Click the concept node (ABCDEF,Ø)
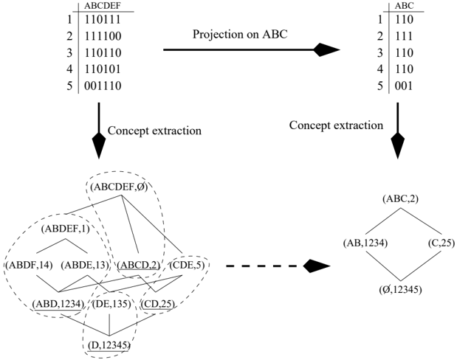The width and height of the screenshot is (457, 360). click(x=119, y=187)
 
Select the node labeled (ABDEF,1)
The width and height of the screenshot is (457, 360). click(x=65, y=229)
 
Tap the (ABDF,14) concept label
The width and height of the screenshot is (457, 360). click(x=29, y=265)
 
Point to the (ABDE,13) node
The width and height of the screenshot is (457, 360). click(x=85, y=265)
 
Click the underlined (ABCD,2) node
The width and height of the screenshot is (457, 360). click(x=139, y=265)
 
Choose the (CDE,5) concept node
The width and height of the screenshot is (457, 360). click(x=186, y=265)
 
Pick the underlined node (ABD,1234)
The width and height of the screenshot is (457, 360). click(x=58, y=304)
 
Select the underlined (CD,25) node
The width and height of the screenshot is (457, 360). click(x=158, y=304)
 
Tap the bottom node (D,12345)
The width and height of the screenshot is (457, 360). click(x=109, y=345)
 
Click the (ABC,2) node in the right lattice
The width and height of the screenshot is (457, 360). click(x=400, y=198)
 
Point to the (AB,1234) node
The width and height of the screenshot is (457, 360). click(x=365, y=243)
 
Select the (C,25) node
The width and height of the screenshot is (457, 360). click(x=441, y=243)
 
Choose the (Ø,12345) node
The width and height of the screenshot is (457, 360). click(x=400, y=289)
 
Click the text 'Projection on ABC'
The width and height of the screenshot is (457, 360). click(x=240, y=34)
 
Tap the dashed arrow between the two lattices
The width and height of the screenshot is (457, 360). click(x=278, y=266)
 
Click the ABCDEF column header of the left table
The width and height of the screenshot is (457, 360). click(x=103, y=6)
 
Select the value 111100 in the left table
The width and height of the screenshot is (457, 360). click(x=103, y=36)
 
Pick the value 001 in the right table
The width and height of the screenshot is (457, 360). click(x=404, y=86)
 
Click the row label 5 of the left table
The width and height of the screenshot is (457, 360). click(x=69, y=86)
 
